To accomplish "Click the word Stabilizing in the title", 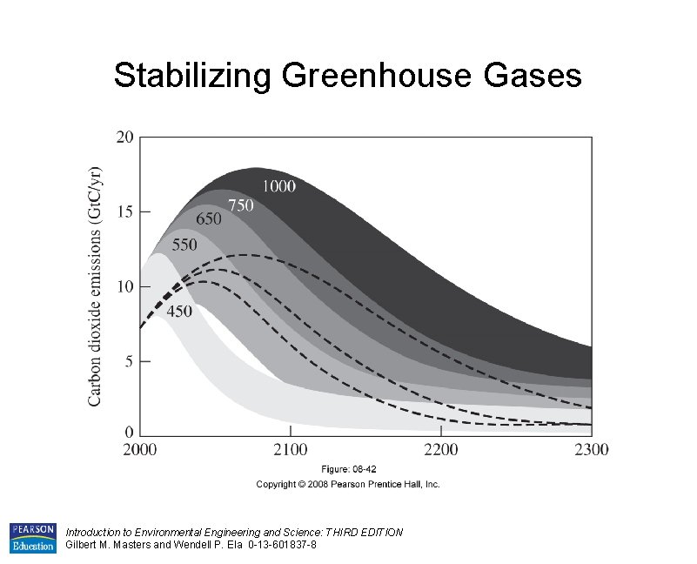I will pyautogui.click(x=192, y=76).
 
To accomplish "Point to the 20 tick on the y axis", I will pyautogui.click(x=124, y=137).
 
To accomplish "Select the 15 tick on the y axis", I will pyautogui.click(x=124, y=211).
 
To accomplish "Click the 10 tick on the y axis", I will pyautogui.click(x=124, y=286).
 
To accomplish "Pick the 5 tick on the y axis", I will pyautogui.click(x=129, y=361).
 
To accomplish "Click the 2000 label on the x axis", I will pyautogui.click(x=140, y=449).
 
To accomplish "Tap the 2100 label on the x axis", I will pyautogui.click(x=291, y=449).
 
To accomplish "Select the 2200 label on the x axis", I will pyautogui.click(x=441, y=449).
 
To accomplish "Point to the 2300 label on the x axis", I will pyautogui.click(x=591, y=449).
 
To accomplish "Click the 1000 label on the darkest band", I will pyautogui.click(x=278, y=185).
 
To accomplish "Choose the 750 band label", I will pyautogui.click(x=241, y=205).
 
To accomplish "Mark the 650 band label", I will pyautogui.click(x=208, y=219).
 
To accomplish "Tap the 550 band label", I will pyautogui.click(x=184, y=245).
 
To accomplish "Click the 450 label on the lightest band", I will pyautogui.click(x=179, y=312).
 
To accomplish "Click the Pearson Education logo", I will pyautogui.click(x=32, y=538).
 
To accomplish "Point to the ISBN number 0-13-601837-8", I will pyautogui.click(x=270, y=545).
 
